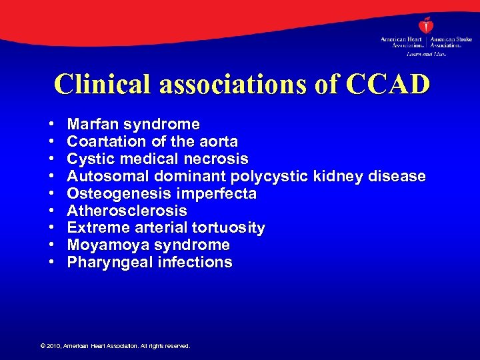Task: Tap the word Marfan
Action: (x=93, y=124)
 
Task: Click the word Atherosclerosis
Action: (x=127, y=211)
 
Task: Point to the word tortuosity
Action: (x=226, y=228)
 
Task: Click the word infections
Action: (x=195, y=262)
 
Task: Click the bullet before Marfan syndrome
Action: (x=51, y=125)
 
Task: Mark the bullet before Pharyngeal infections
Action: (x=51, y=263)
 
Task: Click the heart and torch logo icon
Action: (x=425, y=26)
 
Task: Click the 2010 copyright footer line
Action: (x=115, y=346)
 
